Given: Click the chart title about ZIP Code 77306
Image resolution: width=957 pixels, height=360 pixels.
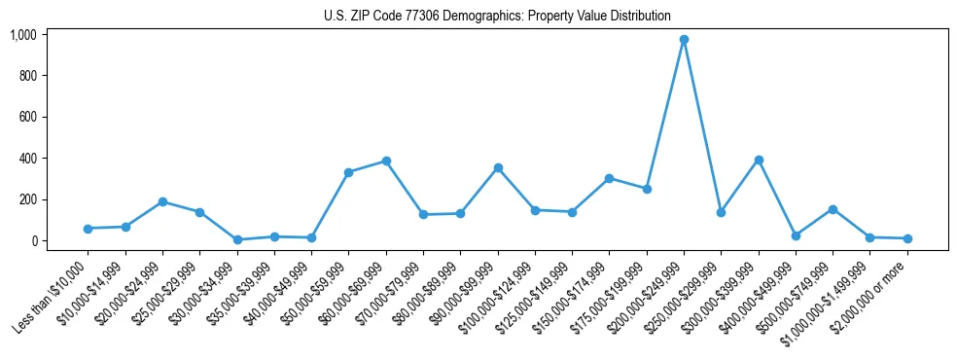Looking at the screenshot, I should click(497, 17).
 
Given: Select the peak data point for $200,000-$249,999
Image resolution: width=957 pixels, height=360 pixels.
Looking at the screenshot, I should click(684, 40).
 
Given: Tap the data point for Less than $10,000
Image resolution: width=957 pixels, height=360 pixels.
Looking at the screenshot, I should click(88, 229).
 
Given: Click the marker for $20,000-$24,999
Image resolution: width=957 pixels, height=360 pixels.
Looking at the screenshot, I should click(162, 201).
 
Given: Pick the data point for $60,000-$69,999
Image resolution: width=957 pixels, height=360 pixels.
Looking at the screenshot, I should click(386, 161).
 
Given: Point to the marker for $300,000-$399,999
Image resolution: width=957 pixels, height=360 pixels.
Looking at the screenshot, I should click(759, 160).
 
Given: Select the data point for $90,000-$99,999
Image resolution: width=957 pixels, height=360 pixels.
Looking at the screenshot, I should click(498, 167).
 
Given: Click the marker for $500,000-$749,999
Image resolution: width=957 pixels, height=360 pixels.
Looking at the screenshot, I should click(833, 209).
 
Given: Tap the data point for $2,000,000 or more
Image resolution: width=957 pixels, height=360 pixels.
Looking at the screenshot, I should click(907, 238).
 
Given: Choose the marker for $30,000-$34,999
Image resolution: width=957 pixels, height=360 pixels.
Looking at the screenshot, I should click(237, 239).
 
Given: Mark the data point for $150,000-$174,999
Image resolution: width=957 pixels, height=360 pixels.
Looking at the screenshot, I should click(609, 178).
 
